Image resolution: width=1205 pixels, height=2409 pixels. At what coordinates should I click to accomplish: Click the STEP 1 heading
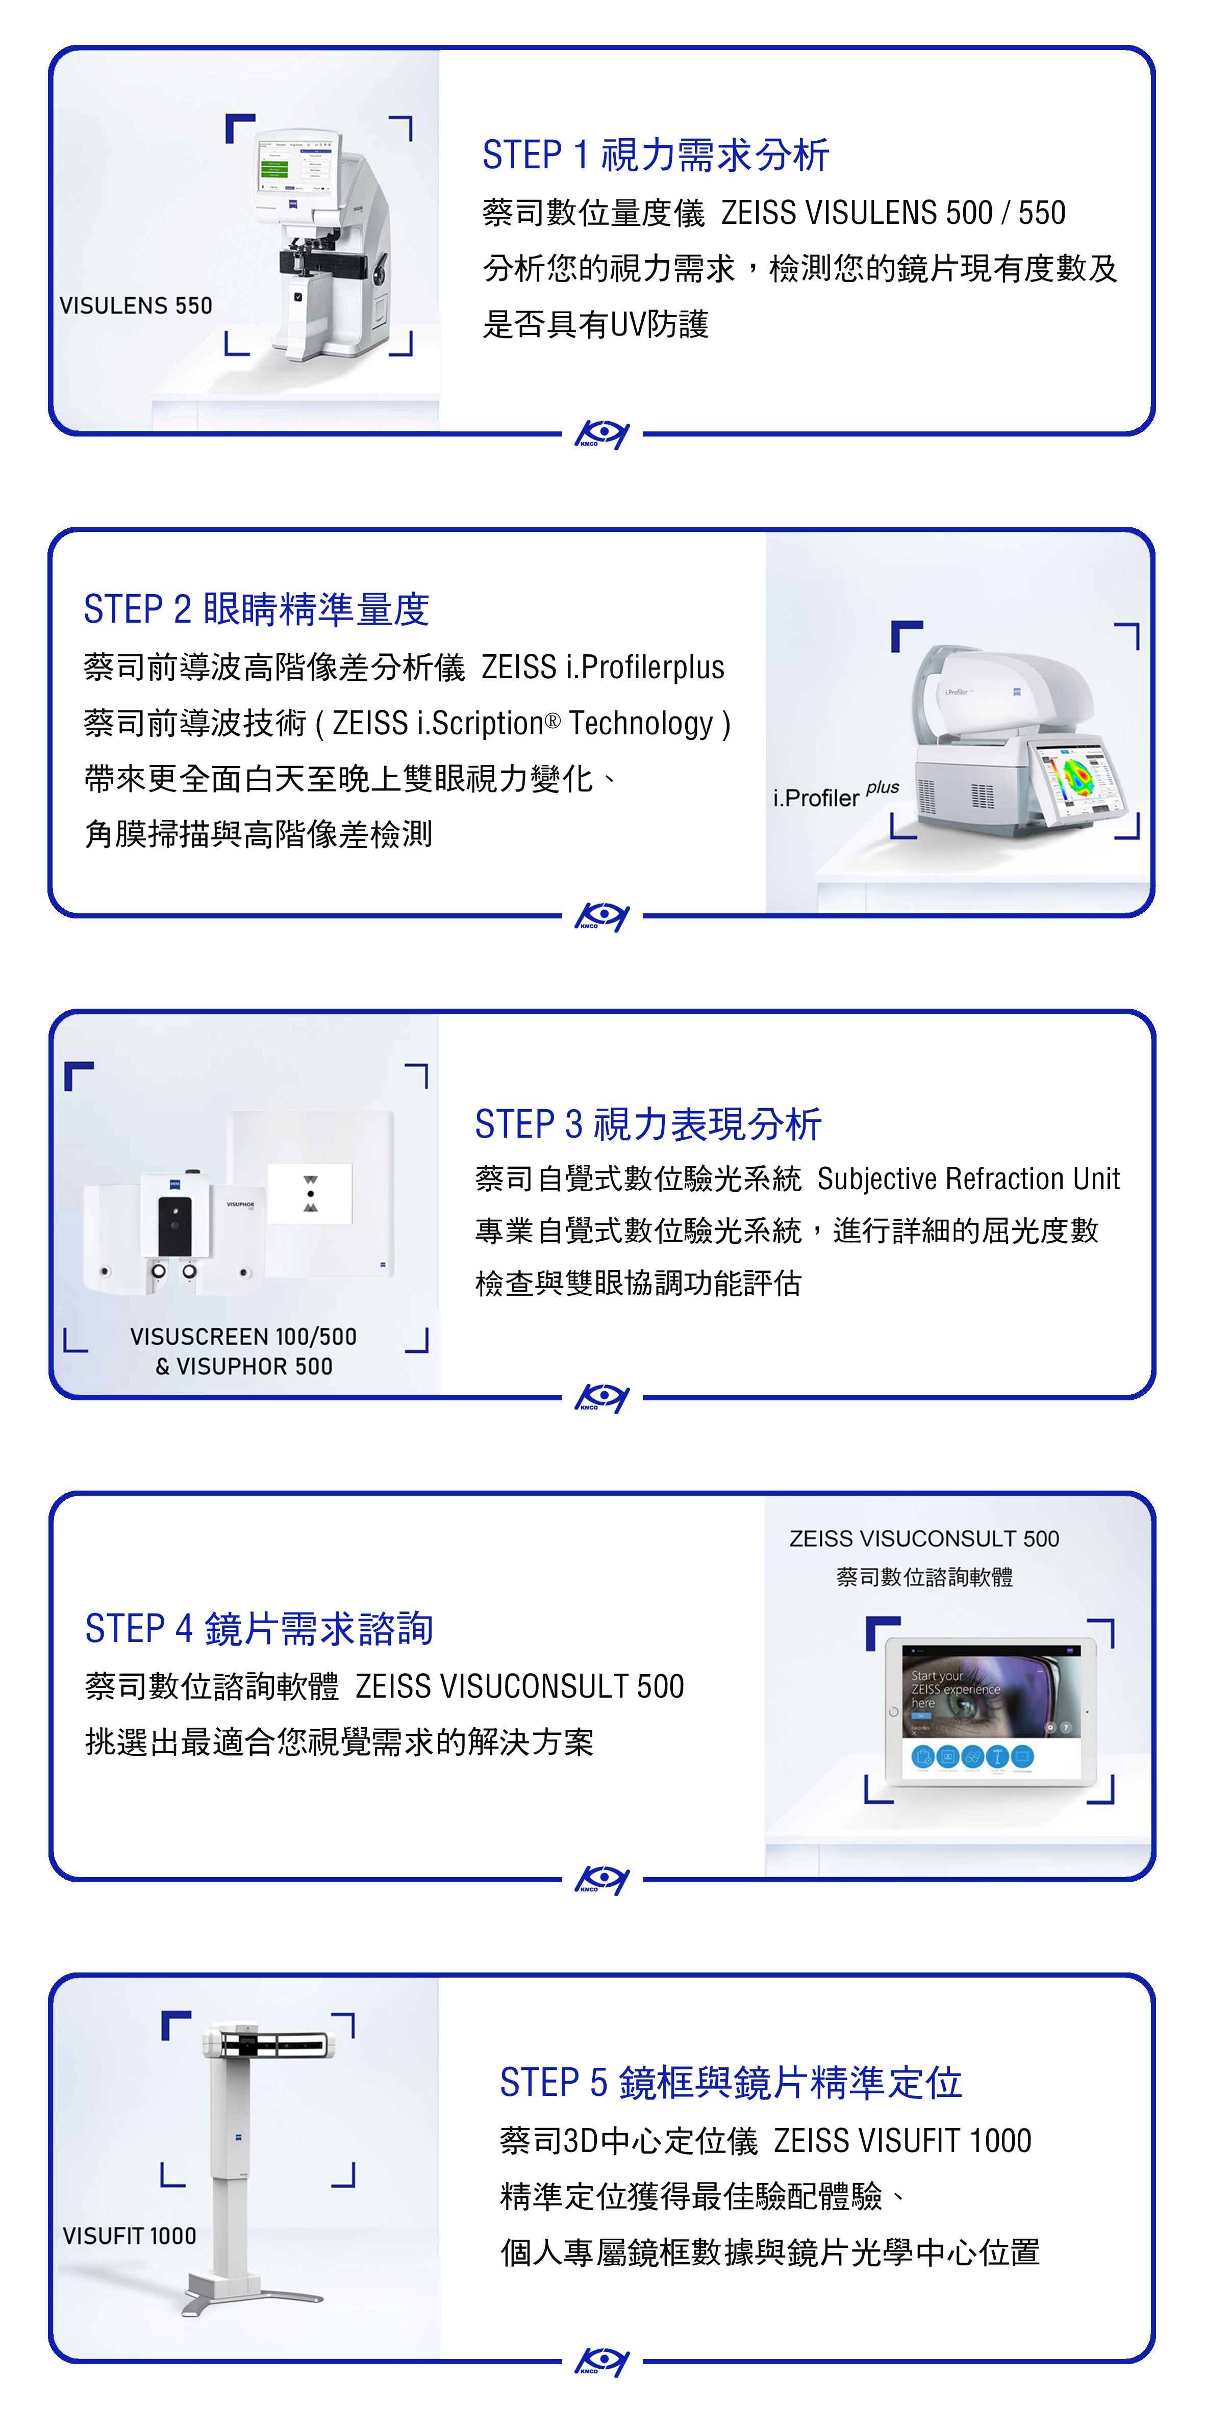(x=656, y=155)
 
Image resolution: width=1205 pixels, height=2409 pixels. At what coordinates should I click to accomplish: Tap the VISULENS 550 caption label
(x=136, y=306)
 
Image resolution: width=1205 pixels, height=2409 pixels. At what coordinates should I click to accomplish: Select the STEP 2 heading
(x=256, y=610)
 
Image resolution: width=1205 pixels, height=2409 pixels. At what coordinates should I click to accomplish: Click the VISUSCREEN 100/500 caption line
(x=243, y=1337)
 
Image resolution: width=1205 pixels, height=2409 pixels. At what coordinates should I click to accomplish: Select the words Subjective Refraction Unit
(x=968, y=1178)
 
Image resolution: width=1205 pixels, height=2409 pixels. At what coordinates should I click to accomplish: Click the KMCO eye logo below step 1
(x=601, y=434)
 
